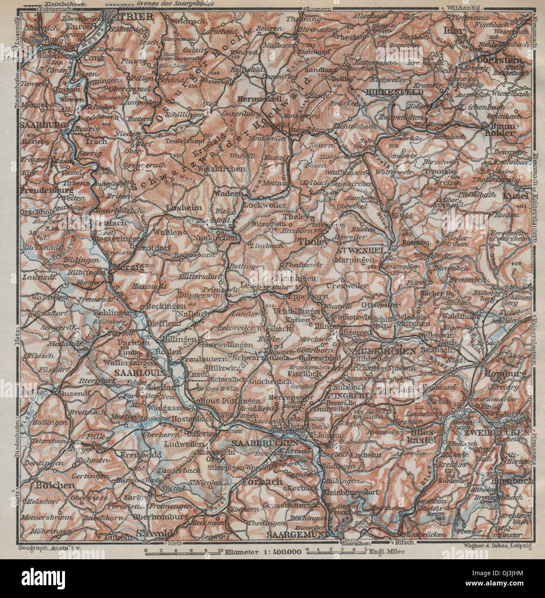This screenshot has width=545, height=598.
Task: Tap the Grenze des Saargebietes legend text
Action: pyautogui.click(x=168, y=4)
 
